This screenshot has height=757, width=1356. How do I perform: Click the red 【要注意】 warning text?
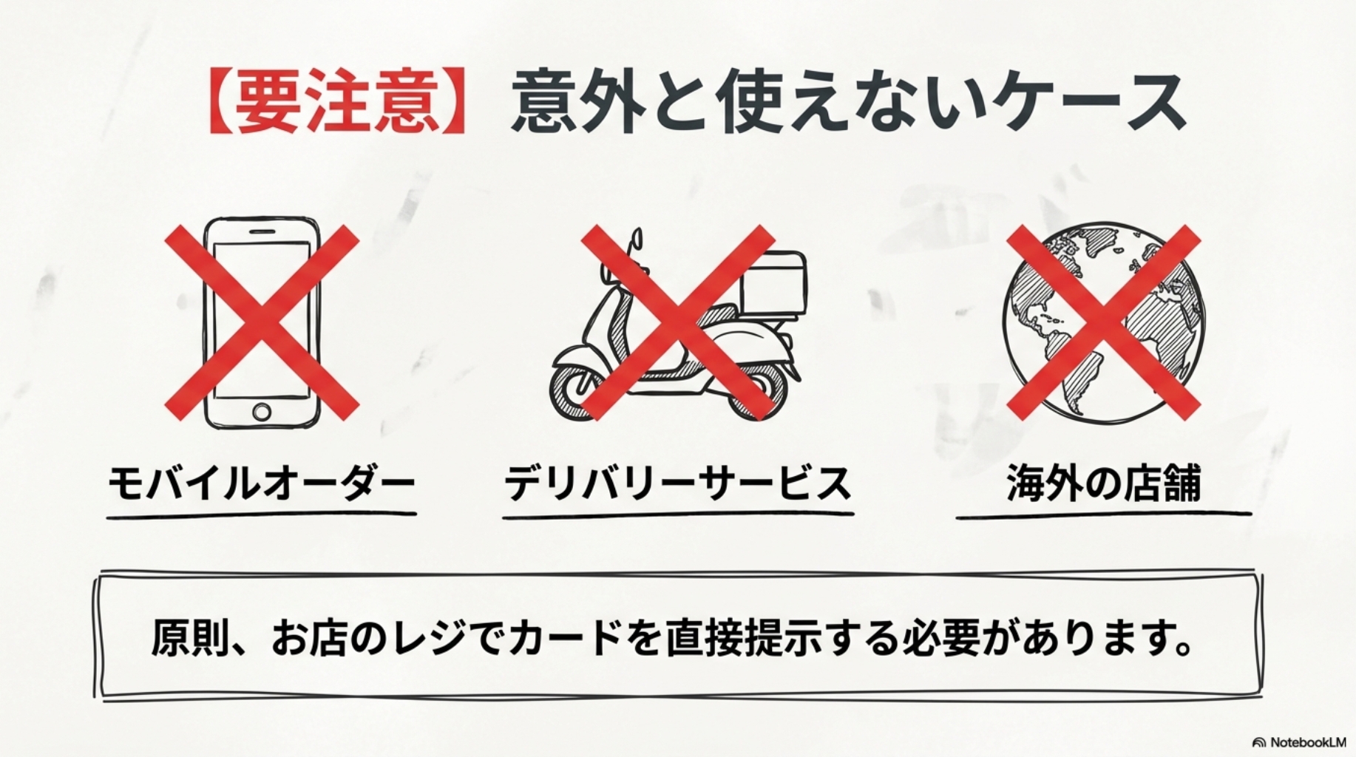tap(336, 103)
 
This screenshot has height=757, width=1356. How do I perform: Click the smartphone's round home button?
tap(262, 411)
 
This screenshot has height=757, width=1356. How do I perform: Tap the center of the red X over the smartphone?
tap(262, 322)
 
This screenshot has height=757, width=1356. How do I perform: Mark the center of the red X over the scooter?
tap(678, 322)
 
